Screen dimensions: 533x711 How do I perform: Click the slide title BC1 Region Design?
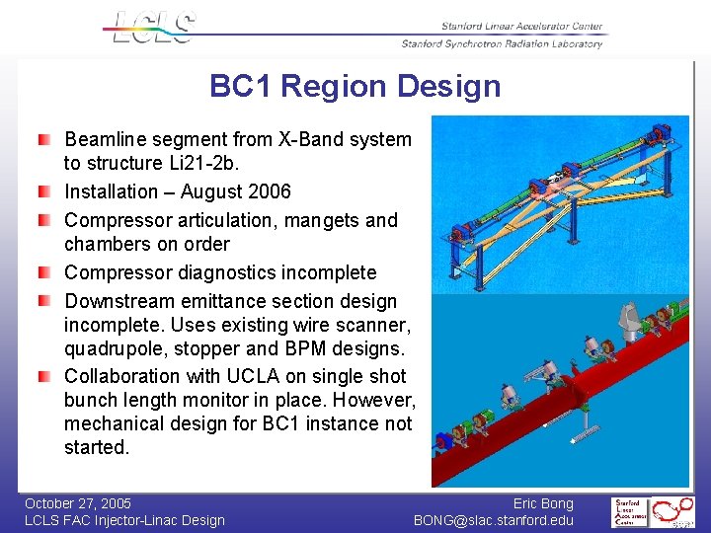[355, 87]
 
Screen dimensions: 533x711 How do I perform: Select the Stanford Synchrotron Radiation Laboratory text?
[502, 44]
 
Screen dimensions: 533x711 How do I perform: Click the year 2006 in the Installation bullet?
[270, 191]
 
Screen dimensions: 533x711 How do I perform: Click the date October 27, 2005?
[78, 503]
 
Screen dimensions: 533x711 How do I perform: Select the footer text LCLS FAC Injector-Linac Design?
[124, 520]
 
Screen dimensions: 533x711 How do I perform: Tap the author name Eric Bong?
[543, 503]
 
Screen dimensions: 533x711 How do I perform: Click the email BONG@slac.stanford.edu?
[494, 520]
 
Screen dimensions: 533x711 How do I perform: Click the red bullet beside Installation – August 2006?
[44, 190]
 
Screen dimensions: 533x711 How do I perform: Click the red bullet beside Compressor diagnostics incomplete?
[44, 271]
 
